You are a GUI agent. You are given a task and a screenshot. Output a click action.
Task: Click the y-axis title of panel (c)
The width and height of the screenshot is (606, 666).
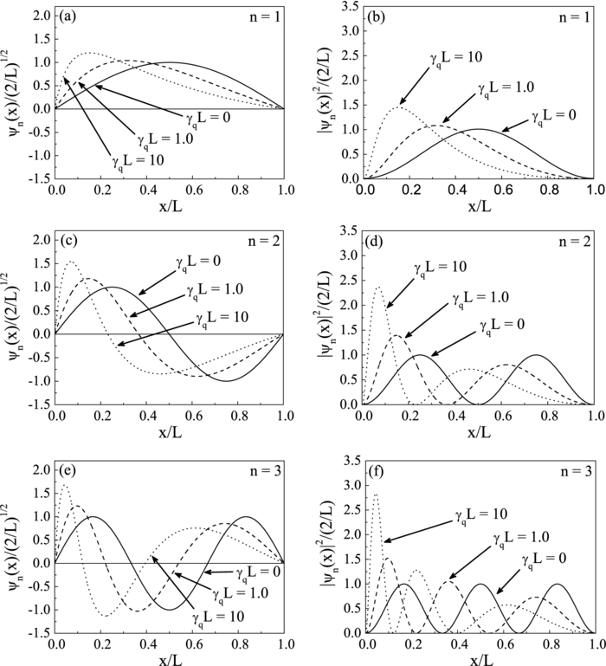click(15, 321)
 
